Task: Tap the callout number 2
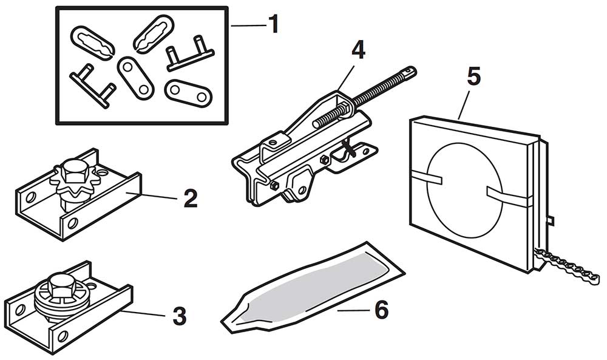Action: coord(191,199)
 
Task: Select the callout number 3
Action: coord(179,316)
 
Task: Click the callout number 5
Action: coord(474,77)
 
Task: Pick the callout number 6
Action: coord(381,310)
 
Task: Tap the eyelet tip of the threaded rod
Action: coord(410,72)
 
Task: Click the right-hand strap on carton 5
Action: coord(508,195)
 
